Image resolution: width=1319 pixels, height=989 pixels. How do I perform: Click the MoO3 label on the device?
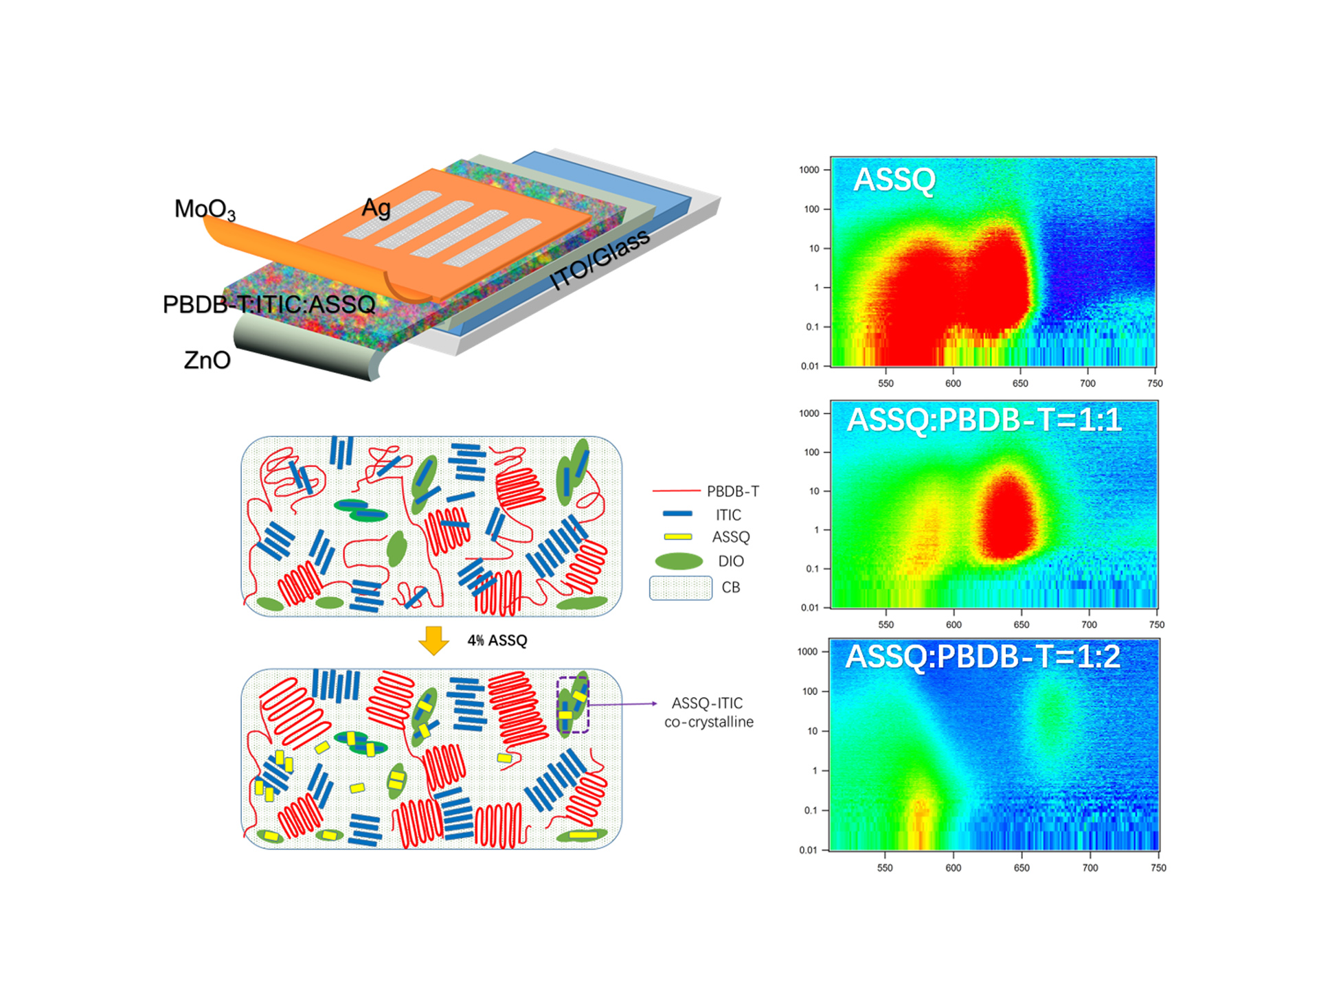click(205, 209)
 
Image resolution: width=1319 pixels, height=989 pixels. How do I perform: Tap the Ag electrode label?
click(376, 207)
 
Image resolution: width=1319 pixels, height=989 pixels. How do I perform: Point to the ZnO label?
click(207, 360)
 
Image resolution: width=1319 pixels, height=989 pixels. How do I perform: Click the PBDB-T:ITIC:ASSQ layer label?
click(269, 304)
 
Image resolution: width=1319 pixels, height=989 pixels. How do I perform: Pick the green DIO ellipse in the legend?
click(679, 561)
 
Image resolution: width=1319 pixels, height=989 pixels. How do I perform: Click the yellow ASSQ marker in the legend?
click(677, 536)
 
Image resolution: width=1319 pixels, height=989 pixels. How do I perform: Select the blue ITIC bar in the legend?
click(677, 514)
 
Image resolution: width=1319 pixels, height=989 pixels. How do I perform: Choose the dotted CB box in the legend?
click(680, 588)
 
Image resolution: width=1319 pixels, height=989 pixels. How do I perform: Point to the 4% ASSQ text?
click(497, 641)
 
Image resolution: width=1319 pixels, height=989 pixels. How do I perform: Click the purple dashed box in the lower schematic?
click(573, 705)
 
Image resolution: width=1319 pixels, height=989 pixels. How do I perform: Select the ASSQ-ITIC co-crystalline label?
click(708, 712)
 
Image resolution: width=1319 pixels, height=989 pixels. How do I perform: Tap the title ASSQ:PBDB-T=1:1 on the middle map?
click(984, 420)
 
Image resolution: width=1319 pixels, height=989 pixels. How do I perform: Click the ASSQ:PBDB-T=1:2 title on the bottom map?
click(982, 657)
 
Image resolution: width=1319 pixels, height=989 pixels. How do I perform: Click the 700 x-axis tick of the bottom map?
click(1090, 868)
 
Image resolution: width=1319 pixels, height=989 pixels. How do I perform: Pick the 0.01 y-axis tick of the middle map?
click(810, 608)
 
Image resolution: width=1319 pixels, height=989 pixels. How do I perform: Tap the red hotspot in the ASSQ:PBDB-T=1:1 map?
click(1007, 515)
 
